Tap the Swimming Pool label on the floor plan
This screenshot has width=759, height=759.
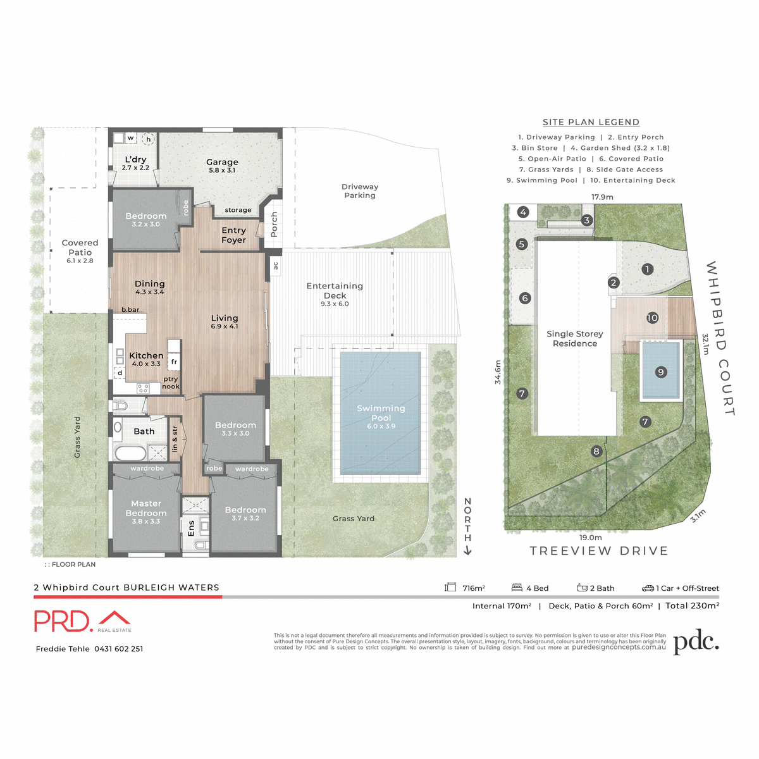[x=381, y=413]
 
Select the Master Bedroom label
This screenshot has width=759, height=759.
[x=146, y=509]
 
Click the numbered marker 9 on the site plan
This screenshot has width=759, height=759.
[x=661, y=372]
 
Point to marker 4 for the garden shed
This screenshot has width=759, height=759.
[x=523, y=213]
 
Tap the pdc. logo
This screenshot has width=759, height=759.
[x=696, y=643]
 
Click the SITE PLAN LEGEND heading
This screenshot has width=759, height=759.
[x=591, y=122]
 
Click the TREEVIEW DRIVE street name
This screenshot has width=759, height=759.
[x=598, y=551]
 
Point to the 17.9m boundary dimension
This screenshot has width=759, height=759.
[x=602, y=197]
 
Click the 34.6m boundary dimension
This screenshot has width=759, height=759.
[x=498, y=372]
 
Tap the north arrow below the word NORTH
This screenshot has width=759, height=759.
[x=467, y=551]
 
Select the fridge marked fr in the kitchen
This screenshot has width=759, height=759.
[x=174, y=362]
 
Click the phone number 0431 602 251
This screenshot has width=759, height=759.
[x=118, y=649]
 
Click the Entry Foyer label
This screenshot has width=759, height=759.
[x=233, y=235]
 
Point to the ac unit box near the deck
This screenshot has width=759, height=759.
[x=275, y=266]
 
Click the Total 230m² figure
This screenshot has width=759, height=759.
[x=691, y=606]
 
